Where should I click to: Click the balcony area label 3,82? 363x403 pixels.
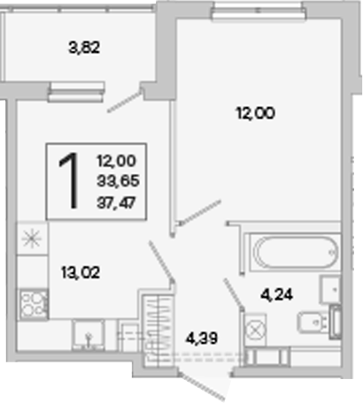pyautogui.click(x=84, y=48)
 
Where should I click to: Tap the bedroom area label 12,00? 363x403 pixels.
pyautogui.click(x=256, y=113)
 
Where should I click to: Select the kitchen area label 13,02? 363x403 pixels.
pyautogui.click(x=81, y=272)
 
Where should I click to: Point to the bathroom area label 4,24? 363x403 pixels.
pyautogui.click(x=277, y=294)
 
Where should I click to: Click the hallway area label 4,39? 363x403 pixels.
pyautogui.click(x=202, y=338)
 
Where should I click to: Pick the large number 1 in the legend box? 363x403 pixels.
pyautogui.click(x=69, y=180)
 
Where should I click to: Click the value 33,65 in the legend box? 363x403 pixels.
pyautogui.click(x=118, y=181)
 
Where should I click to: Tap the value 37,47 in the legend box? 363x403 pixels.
pyautogui.click(x=116, y=203)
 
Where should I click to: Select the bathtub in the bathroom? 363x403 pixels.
pyautogui.click(x=295, y=253)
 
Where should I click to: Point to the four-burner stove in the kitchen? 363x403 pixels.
pyautogui.click(x=34, y=304)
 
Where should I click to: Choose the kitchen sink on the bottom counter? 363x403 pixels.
pyautogui.click(x=89, y=334)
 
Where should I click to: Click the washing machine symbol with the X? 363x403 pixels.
pyautogui.click(x=256, y=330)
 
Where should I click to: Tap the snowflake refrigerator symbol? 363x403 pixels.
pyautogui.click(x=32, y=238)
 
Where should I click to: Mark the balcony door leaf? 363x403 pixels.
pyautogui.click(x=125, y=102)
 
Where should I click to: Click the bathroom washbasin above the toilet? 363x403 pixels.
pyautogui.click(x=330, y=289)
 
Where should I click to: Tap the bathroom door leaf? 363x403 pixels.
pyautogui.click(x=234, y=293)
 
